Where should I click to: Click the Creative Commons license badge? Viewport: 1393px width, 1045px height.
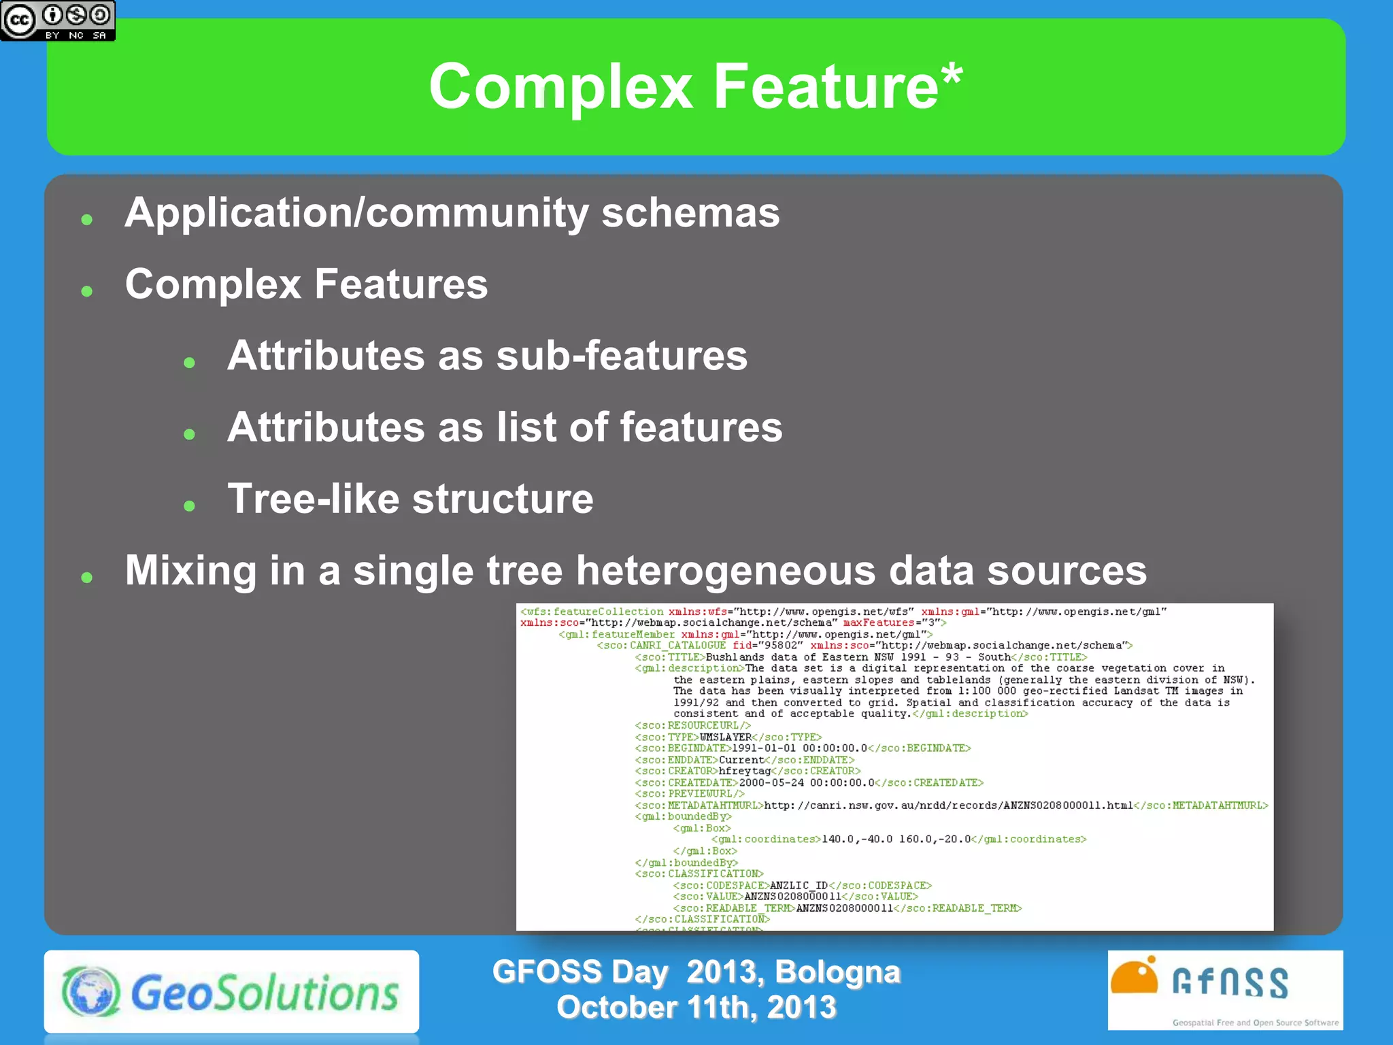(x=58, y=20)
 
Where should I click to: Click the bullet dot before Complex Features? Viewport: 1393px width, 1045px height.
(x=86, y=291)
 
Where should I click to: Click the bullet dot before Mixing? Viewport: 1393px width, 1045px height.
(x=86, y=578)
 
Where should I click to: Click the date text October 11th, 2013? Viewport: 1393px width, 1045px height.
(x=696, y=1008)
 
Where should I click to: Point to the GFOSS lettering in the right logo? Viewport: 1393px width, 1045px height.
(x=1230, y=983)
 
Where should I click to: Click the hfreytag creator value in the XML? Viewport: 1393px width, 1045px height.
(x=744, y=771)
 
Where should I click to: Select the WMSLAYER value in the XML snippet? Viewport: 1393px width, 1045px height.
(x=725, y=737)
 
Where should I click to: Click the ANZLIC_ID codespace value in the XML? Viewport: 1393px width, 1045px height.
(x=799, y=885)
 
